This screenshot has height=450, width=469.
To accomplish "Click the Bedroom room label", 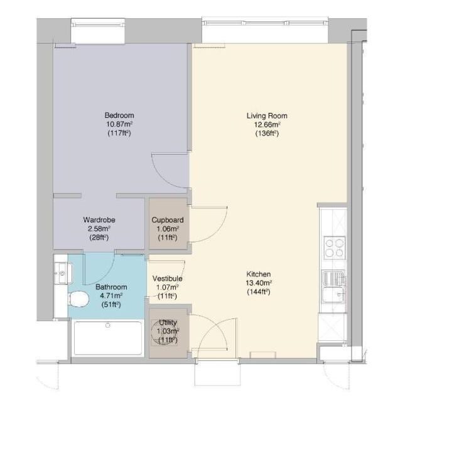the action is (119, 115).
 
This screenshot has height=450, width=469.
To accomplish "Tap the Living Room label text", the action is (267, 116).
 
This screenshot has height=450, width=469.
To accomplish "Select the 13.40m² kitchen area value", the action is (259, 283).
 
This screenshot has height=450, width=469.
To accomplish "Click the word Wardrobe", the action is (99, 220).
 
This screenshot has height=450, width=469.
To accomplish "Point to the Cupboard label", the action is (168, 221).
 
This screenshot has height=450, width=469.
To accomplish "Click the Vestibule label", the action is (167, 279).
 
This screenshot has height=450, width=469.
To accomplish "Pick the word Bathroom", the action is (111, 287).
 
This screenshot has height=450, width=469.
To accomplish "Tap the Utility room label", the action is (168, 323).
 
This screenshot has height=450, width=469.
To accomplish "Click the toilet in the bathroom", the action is (78, 298).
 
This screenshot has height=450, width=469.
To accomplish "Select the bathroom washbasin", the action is (63, 273).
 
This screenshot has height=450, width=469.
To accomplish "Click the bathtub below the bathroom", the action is (108, 338).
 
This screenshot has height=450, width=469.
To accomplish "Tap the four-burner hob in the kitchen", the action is (335, 248).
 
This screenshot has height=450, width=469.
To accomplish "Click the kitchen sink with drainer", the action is (334, 286).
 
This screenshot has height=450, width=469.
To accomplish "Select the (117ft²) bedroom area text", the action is (119, 133).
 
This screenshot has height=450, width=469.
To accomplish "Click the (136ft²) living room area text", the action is (267, 133).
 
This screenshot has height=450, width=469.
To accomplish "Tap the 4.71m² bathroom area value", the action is (111, 296).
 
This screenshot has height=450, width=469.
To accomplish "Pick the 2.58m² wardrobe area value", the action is (99, 229).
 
